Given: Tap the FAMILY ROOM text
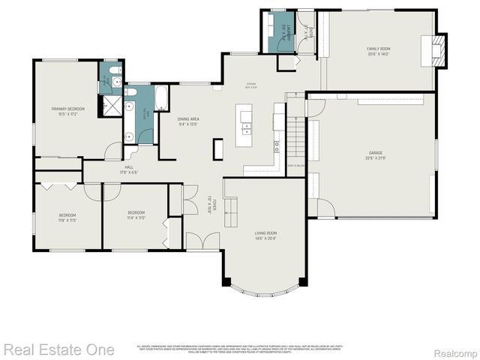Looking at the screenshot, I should (378, 51).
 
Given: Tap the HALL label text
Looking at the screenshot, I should (128, 169).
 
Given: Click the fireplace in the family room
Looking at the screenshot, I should (440, 51).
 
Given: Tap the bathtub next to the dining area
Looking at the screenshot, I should (162, 94).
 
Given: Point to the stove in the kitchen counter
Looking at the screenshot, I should (277, 139).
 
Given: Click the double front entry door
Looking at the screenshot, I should (202, 242).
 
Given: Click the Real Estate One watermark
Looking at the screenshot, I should (58, 349).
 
